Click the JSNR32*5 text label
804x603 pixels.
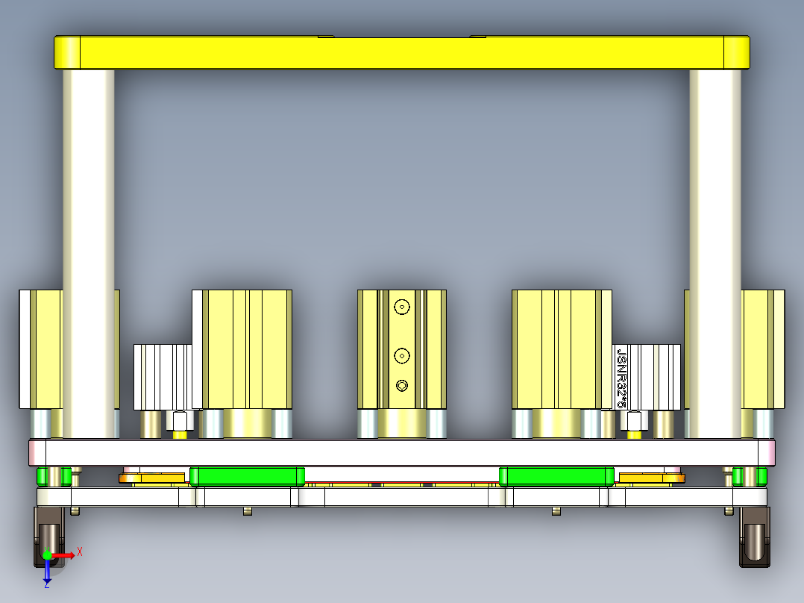pyautogui.click(x=621, y=377)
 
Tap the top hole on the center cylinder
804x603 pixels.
pyautogui.click(x=403, y=306)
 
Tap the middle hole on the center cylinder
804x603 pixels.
pyautogui.click(x=403, y=356)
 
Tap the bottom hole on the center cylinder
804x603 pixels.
pyautogui.click(x=403, y=385)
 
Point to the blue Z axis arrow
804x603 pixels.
pyautogui.click(x=47, y=572)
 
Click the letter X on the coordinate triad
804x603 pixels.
pyautogui.click(x=80, y=552)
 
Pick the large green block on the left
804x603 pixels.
pyautogui.click(x=247, y=475)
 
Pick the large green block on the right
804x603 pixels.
pyautogui.click(x=556, y=475)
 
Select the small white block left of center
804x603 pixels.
pyautogui.click(x=163, y=377)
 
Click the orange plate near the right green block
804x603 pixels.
pyautogui.click(x=651, y=478)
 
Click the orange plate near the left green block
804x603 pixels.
pyautogui.click(x=153, y=478)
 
